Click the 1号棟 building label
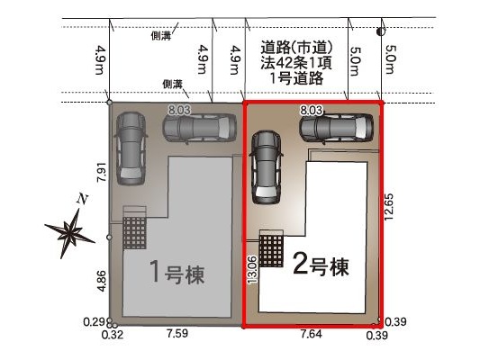[x=177, y=273]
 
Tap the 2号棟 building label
[x=321, y=265]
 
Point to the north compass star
[x=69, y=231]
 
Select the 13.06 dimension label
[x=253, y=269]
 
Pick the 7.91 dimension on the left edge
[x=102, y=172]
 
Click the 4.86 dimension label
[x=102, y=281]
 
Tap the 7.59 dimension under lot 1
[x=177, y=333]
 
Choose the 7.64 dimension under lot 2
[x=312, y=334]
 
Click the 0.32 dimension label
[x=113, y=335]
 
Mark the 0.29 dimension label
[x=94, y=322]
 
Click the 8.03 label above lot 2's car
[x=311, y=110]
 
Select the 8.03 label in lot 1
[x=179, y=110]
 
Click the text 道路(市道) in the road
[x=296, y=48]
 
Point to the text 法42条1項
[x=296, y=63]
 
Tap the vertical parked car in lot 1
[x=131, y=148]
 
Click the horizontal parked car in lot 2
[x=336, y=128]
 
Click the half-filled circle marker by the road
[x=381, y=31]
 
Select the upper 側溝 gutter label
[x=160, y=36]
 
